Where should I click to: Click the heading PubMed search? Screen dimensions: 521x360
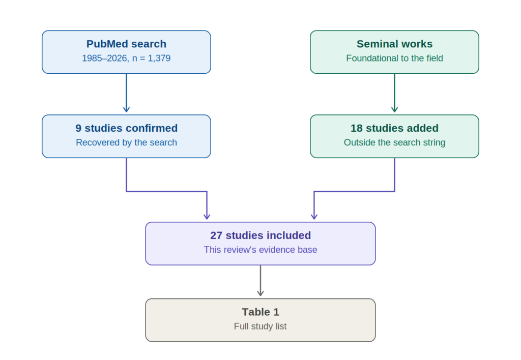pyautogui.click(x=126, y=44)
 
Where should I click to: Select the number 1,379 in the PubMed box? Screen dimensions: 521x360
pyautogui.click(x=159, y=58)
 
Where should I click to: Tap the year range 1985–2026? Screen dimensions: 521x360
pyautogui.click(x=104, y=58)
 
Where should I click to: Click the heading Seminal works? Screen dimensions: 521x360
pyautogui.click(x=394, y=44)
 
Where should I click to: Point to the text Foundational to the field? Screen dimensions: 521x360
pyautogui.click(x=394, y=58)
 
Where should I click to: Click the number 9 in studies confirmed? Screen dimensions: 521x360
pyautogui.click(x=78, y=128)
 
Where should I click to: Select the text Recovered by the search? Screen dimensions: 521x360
pyautogui.click(x=126, y=142)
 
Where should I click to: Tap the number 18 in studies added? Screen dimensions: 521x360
pyautogui.click(x=357, y=128)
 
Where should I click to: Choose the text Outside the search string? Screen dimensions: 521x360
pyautogui.click(x=394, y=142)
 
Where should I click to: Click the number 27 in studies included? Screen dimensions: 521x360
pyautogui.click(x=216, y=235)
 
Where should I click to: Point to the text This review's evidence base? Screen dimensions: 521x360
pyautogui.click(x=260, y=250)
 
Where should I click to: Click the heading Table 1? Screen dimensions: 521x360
pyautogui.click(x=260, y=312)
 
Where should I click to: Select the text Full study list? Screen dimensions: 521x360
pyautogui.click(x=260, y=326)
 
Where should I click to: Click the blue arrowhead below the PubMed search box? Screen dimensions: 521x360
pyautogui.click(x=126, y=109)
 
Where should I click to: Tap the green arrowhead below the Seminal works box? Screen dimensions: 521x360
pyautogui.click(x=394, y=109)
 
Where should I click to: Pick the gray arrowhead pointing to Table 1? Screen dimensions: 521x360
pyautogui.click(x=260, y=292)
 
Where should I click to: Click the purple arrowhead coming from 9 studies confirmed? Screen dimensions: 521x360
pyautogui.click(x=207, y=216)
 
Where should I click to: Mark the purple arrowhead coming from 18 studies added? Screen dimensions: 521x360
pyautogui.click(x=314, y=216)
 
